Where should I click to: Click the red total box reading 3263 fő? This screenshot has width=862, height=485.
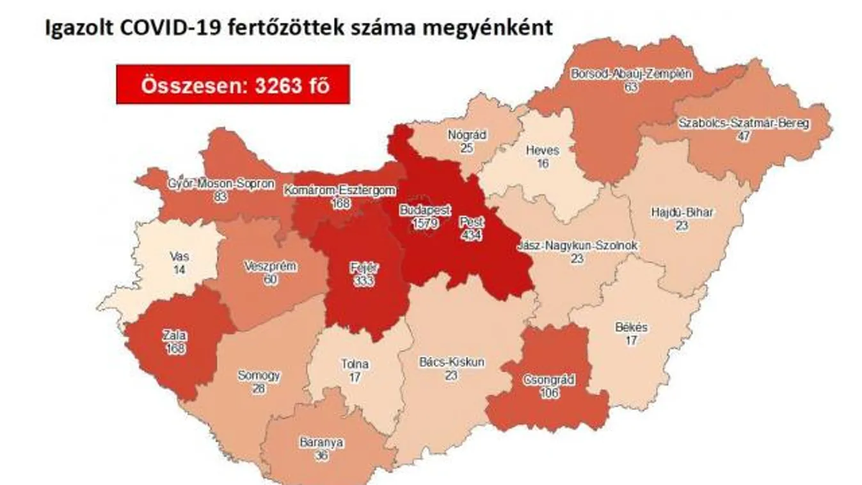pos(233,84)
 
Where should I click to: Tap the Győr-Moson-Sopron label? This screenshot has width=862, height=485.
pos(221,184)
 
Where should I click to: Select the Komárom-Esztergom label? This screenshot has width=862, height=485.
pos(340,191)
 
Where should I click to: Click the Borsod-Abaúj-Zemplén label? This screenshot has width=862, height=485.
pos(632,74)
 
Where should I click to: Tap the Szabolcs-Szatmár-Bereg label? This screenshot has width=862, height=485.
pos(743,123)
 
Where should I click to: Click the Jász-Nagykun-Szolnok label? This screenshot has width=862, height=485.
pos(577,246)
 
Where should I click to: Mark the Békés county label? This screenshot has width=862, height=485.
pos(631,328)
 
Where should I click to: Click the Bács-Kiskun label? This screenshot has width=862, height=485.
pos(452,362)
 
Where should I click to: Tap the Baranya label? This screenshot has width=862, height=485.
pos(322,442)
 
